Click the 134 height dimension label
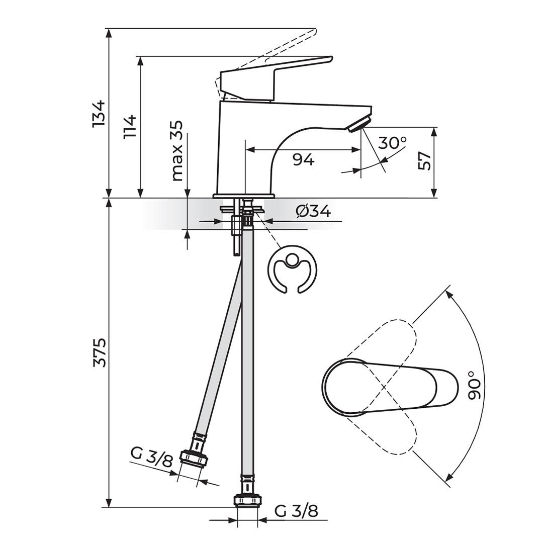click(x=99, y=113)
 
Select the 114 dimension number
click(x=130, y=126)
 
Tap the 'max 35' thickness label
click(x=177, y=151)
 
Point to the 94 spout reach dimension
click(x=303, y=160)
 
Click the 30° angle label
click(x=392, y=143)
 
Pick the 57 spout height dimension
click(x=425, y=161)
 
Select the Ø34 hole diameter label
click(x=313, y=211)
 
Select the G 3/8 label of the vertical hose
click(x=296, y=511)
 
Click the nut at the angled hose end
click(x=194, y=457)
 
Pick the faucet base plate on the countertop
click(x=244, y=196)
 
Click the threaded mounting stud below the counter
click(x=235, y=236)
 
